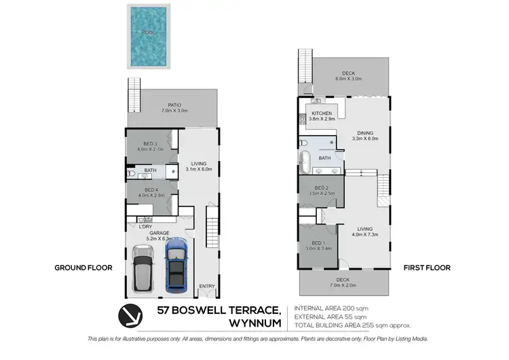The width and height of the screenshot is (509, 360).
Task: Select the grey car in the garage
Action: tap(143, 268)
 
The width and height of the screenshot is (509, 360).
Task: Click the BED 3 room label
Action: tap(150, 144)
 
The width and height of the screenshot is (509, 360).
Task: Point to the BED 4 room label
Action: tap(150, 191)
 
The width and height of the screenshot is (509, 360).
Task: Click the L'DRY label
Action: tap(145, 226)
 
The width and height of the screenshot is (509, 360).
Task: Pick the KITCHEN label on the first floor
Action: tap(322, 113)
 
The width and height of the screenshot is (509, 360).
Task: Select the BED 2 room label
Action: tap(322, 188)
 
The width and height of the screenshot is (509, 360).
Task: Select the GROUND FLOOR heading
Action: tap(83, 268)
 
